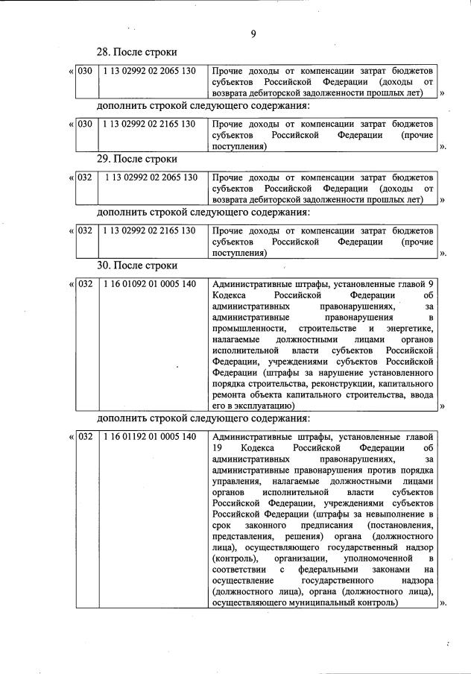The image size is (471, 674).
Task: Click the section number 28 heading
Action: [x=137, y=53]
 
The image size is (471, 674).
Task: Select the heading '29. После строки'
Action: [x=137, y=159]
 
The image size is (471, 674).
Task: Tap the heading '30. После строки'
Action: [x=137, y=265]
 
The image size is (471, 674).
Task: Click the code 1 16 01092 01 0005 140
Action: [x=150, y=285]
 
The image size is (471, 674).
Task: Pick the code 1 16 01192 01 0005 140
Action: [x=150, y=436]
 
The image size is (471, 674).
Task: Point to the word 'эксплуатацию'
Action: [x=265, y=406]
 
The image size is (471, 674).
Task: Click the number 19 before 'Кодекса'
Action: [x=218, y=448]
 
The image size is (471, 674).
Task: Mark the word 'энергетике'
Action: [x=409, y=328]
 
